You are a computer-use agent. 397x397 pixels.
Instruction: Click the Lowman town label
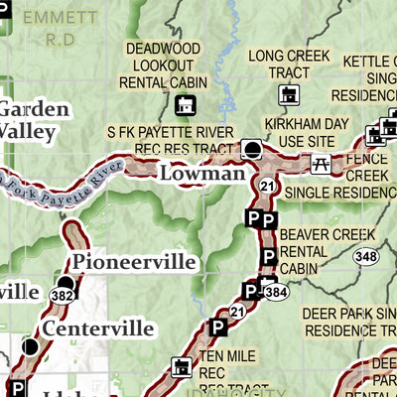[x=200, y=175]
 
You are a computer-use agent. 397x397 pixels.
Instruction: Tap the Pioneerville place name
[x=133, y=262]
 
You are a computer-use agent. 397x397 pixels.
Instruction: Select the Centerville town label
[x=97, y=328]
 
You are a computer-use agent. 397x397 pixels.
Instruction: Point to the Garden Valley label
[x=34, y=118]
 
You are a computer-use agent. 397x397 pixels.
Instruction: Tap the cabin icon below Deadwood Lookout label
[x=185, y=105]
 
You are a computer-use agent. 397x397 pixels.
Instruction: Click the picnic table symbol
[x=321, y=164]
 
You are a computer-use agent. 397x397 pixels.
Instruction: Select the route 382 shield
[x=65, y=294]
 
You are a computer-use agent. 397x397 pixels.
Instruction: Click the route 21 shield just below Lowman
[x=266, y=186]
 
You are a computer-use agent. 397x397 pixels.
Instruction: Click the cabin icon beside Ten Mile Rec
[x=181, y=368]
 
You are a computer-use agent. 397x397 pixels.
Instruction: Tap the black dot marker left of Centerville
[x=31, y=347]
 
